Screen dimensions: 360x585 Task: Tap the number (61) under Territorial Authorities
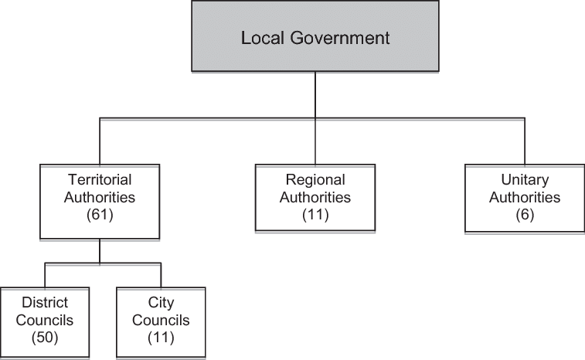pyautogui.click(x=100, y=214)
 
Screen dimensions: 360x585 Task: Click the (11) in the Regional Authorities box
pyautogui.click(x=315, y=214)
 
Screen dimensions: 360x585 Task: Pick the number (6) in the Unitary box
pyautogui.click(x=525, y=214)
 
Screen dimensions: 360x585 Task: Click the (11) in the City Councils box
pyautogui.click(x=161, y=337)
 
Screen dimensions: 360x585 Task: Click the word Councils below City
pyautogui.click(x=161, y=321)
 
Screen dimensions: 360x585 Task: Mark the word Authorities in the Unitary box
pyautogui.click(x=524, y=197)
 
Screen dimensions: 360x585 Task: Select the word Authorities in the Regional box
pyautogui.click(x=315, y=197)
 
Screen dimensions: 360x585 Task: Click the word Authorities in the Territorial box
pyautogui.click(x=100, y=197)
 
